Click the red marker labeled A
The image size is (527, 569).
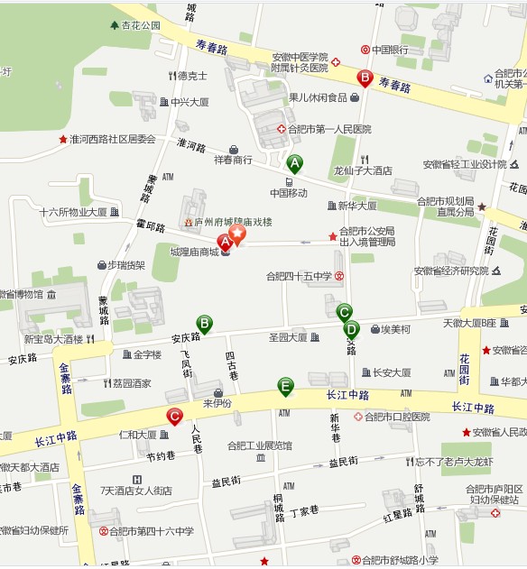click(x=225, y=241)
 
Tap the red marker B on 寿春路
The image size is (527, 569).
click(x=365, y=78)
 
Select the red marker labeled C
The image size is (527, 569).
click(x=174, y=417)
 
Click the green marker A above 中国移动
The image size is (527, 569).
click(x=294, y=163)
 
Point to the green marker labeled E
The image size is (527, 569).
click(x=285, y=387)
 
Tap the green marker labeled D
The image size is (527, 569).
click(x=351, y=329)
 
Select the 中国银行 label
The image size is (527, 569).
click(x=392, y=50)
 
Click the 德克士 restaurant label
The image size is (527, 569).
click(x=192, y=76)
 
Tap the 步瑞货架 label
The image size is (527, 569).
click(x=126, y=265)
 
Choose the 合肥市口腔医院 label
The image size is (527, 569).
click(x=397, y=417)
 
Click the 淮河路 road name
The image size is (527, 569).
click(x=191, y=144)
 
